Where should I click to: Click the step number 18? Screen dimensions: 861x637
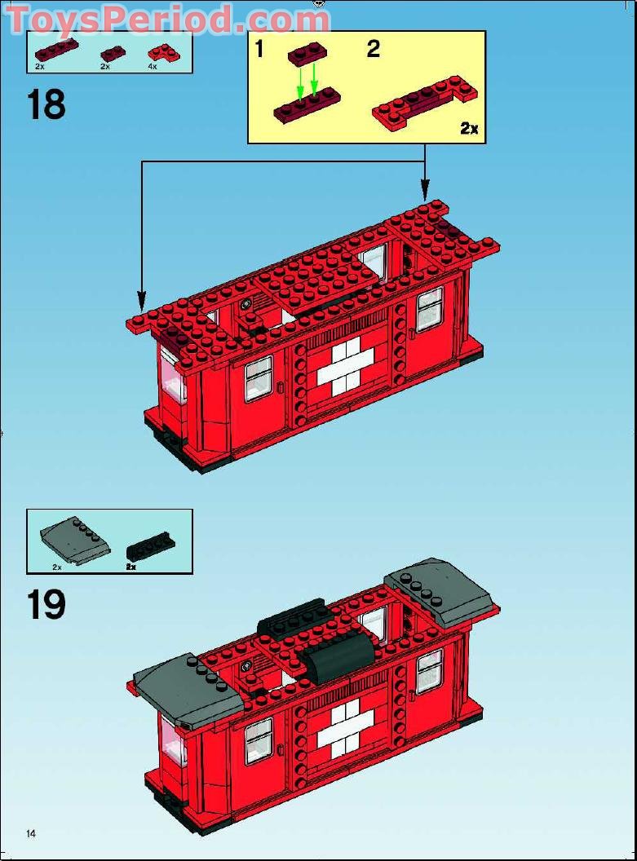pos(46,105)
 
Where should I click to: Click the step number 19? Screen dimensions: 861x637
pos(46,605)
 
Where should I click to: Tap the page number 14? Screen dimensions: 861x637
pos(31,833)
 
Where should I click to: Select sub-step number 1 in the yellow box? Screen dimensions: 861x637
pos(259,50)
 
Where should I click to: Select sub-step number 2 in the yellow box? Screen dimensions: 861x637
pos(374,49)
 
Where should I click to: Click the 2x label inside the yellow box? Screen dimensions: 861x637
pos(469,128)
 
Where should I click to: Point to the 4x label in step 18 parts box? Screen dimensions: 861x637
pos(153,67)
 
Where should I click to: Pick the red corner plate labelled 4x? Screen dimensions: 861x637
pos(166,53)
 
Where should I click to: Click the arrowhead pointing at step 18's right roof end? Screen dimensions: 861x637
pos(424,192)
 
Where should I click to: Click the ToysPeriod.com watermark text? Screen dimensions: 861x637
pos(167,19)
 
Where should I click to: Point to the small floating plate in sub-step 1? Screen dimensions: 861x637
pos(307,54)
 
